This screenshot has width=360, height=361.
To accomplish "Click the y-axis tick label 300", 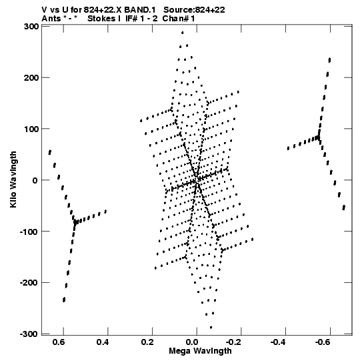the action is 31,27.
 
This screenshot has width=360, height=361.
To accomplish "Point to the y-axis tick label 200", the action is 31,78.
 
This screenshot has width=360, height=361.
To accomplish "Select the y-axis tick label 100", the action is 31,129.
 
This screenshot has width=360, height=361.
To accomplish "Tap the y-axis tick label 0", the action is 35,180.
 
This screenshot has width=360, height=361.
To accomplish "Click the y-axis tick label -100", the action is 29,232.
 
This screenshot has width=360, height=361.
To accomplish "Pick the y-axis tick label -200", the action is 29,283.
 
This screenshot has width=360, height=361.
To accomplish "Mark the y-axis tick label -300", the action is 29,334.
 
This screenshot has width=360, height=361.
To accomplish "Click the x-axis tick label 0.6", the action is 58,342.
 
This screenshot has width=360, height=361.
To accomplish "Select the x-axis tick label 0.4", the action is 103,342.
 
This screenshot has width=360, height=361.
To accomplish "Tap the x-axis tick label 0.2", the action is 147,342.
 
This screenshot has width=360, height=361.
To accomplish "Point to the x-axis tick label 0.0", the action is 191,342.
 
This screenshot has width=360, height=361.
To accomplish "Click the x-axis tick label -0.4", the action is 277,342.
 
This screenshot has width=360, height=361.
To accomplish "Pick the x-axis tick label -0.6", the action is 322,342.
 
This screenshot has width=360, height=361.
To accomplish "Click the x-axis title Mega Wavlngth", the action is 200,351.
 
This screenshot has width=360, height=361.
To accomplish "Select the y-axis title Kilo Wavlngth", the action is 13,179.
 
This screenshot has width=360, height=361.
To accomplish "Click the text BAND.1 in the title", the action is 140,10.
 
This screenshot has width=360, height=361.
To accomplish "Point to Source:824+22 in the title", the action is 194,10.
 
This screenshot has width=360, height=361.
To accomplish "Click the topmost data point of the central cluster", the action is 183,33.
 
